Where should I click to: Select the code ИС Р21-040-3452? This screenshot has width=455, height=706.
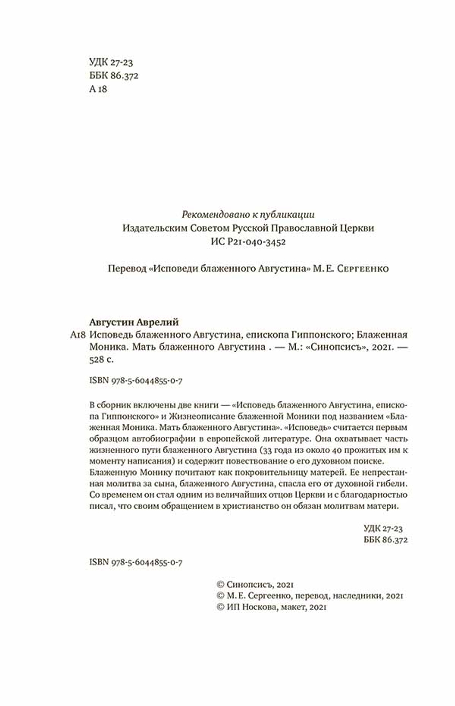[248, 242]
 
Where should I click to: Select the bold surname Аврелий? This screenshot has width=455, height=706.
[158, 322]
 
